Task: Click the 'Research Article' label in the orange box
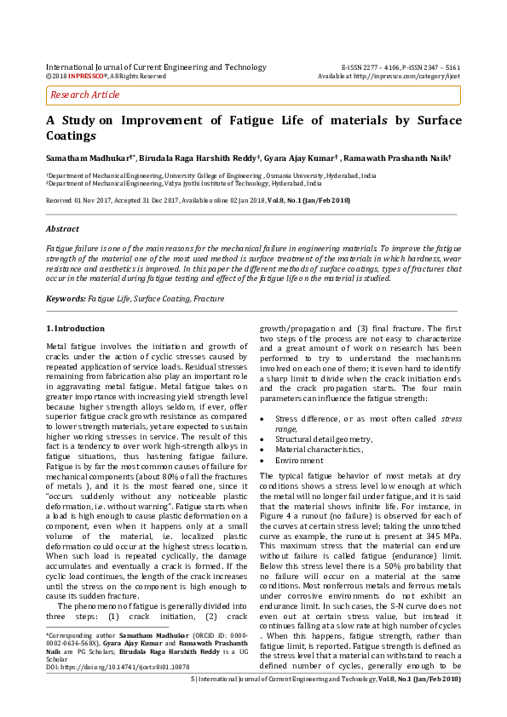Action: [84, 95]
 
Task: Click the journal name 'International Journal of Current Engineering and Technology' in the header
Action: [155, 66]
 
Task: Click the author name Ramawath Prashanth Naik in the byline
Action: [409, 158]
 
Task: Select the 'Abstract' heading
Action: [62, 229]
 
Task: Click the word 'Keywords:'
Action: [66, 299]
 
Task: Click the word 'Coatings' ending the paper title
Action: [72, 135]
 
